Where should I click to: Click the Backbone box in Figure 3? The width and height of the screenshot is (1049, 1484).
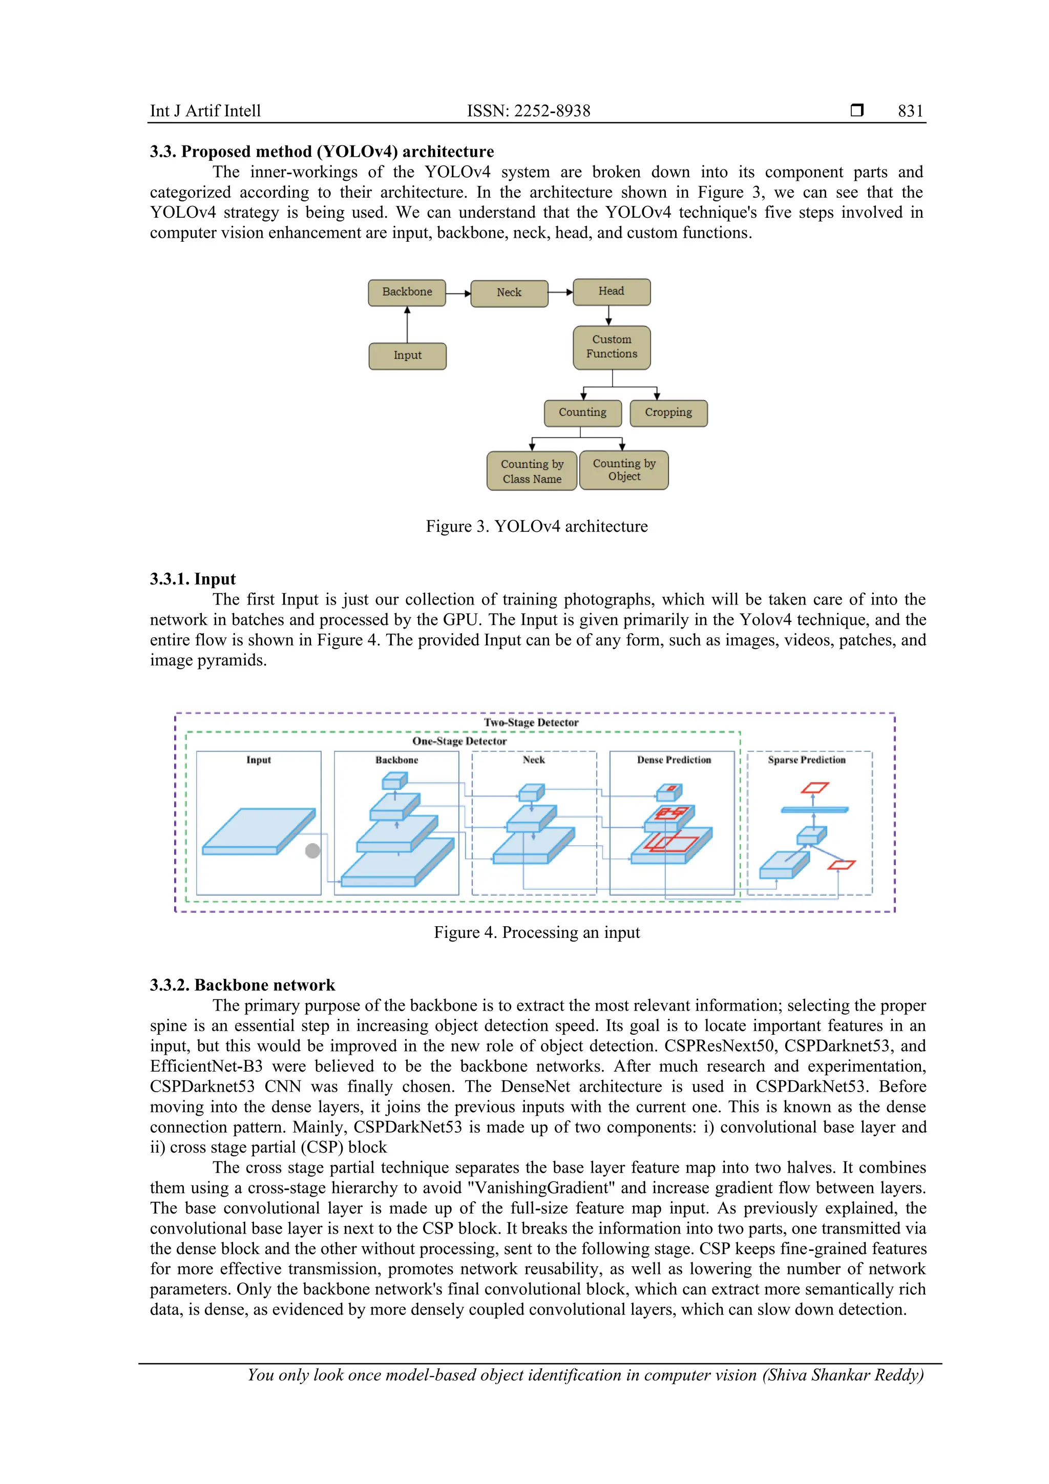407,292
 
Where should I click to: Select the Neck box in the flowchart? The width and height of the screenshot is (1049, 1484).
509,293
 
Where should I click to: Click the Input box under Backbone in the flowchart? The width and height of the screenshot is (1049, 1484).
407,356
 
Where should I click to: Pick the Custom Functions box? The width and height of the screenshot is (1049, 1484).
612,347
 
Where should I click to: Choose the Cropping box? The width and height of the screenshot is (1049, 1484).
668,413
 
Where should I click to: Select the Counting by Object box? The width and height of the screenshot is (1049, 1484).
624,470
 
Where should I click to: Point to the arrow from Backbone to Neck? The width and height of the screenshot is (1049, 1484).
458,294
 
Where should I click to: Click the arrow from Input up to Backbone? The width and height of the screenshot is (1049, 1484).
407,325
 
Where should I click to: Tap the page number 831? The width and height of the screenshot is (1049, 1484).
910,111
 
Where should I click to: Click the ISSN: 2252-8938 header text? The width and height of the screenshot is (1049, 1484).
528,111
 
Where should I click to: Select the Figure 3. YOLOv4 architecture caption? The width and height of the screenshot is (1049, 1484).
536,527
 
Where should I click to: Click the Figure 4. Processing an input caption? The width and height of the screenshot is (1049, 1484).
536,933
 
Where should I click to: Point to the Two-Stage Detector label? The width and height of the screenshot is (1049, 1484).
531,723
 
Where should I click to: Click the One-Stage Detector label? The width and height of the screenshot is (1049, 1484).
459,741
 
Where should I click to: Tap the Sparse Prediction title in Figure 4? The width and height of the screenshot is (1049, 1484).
806,760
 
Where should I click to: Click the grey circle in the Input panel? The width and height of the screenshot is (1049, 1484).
312,850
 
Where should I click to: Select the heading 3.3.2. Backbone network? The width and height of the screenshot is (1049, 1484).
242,985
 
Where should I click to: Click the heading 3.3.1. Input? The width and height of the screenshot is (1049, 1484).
193,579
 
